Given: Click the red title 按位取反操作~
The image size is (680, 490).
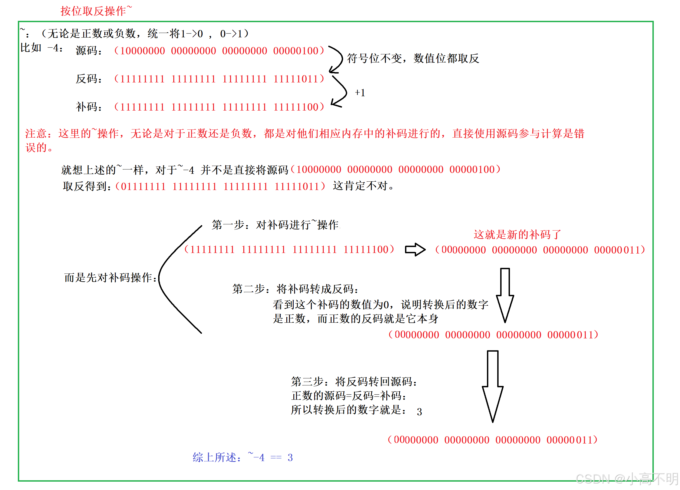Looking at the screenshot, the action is click(96, 11).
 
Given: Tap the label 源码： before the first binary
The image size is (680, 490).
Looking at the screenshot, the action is click(89, 50).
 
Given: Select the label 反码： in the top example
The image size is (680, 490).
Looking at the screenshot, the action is click(89, 79).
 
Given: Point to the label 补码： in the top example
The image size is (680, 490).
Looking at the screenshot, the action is click(89, 107).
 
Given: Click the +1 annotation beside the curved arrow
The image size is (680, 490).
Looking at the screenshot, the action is click(360, 93).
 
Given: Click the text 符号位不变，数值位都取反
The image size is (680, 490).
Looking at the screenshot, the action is click(413, 58).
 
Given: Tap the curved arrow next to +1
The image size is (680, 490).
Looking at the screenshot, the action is click(340, 92).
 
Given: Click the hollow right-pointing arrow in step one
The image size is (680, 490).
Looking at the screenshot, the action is click(415, 249).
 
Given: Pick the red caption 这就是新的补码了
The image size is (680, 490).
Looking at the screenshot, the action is click(517, 234).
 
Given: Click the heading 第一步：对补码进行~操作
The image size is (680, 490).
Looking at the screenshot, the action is click(275, 225).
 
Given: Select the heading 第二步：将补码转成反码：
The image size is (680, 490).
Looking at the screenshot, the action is click(295, 289).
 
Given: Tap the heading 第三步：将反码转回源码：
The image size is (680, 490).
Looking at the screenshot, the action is click(354, 382).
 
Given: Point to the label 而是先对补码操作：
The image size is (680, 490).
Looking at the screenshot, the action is click(110, 278).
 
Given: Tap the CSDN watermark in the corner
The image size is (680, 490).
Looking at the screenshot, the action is click(627, 479).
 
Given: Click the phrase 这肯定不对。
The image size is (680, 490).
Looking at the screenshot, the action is click(363, 186).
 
